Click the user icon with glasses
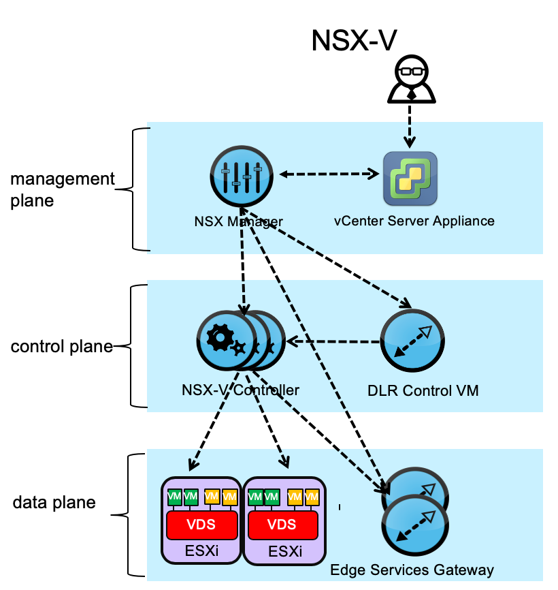(410, 80)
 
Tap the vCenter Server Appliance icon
(410, 178)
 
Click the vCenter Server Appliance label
(414, 221)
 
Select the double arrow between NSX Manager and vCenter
(330, 174)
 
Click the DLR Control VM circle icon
(413, 341)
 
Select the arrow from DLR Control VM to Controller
(333, 341)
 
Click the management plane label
(63, 190)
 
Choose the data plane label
(54, 503)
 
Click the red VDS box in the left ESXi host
(201, 525)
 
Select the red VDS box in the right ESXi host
(283, 525)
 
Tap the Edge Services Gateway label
(412, 570)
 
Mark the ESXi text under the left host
(201, 550)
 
